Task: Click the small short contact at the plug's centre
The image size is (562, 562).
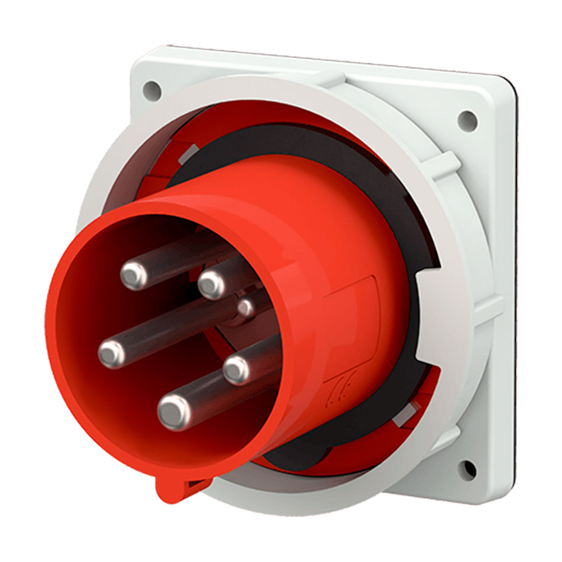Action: tap(246, 307)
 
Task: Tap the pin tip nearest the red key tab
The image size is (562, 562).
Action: tap(173, 412)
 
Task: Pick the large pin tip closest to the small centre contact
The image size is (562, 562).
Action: tap(212, 284)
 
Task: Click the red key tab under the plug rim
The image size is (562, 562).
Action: tap(171, 488)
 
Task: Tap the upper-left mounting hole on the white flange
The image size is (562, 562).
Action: tap(151, 88)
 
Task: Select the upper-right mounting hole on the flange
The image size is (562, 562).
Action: tap(467, 119)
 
